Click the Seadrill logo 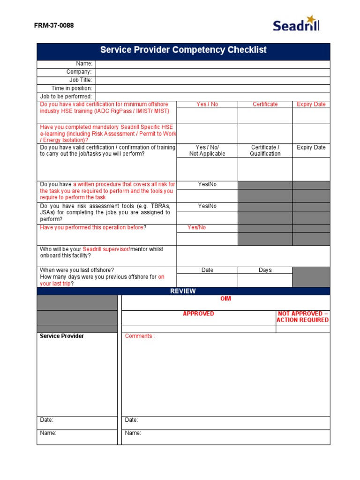pos(296,23)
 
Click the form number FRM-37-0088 pos(54,25)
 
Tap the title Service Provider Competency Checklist pos(183,50)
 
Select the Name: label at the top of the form pos(84,64)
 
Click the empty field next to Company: pos(213,72)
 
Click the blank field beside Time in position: pos(213,88)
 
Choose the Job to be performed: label pos(66,96)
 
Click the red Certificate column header pos(265,104)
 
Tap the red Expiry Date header pos(311,104)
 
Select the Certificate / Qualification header pos(265,150)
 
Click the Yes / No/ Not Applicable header pos(207,150)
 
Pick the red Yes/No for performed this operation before pos(196,227)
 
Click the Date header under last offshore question pos(207,270)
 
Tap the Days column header pos(265,270)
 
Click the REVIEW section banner pos(183,291)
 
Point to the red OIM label pos(225,299)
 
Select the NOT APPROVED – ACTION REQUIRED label pos(302,317)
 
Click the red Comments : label pos(140,336)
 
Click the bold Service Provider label pos(62,336)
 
